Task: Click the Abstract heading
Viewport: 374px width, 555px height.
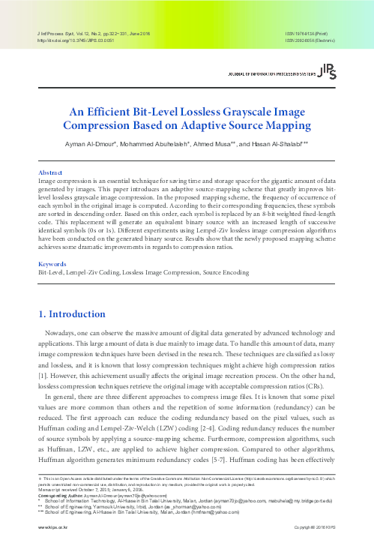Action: tap(50, 171)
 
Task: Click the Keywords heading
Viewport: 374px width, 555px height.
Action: tap(52, 244)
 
